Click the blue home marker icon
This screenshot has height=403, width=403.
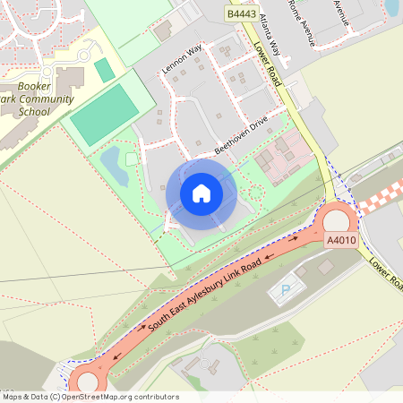coord(201,193)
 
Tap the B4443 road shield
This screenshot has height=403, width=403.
coord(242,14)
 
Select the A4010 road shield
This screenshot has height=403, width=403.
coord(340,241)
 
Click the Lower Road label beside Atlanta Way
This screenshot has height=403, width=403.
coord(268,65)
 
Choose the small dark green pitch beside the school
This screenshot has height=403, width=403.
coord(105,70)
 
